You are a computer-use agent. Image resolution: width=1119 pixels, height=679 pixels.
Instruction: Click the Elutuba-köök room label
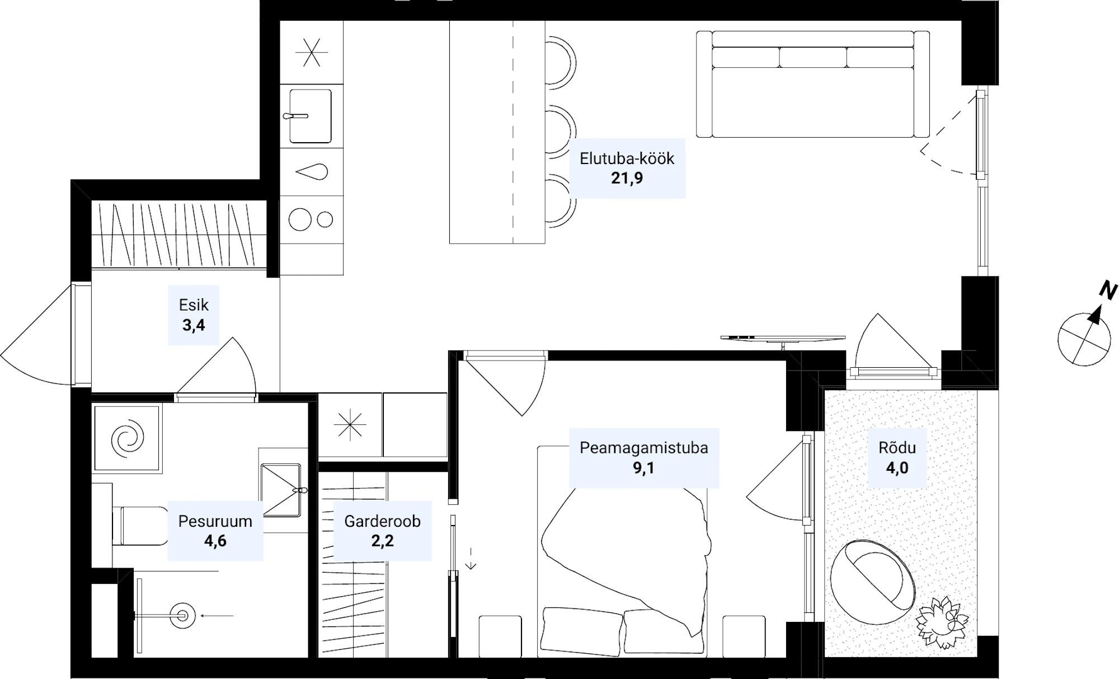(627, 158)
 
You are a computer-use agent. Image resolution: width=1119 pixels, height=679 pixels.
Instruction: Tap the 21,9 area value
(627, 178)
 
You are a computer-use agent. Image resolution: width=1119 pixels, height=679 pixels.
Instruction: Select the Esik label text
(194, 305)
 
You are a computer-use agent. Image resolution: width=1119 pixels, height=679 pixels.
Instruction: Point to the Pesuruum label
(215, 521)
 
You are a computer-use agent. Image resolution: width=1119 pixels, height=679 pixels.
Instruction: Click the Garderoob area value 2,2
(382, 541)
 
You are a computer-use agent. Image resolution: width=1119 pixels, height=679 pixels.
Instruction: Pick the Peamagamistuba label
(643, 448)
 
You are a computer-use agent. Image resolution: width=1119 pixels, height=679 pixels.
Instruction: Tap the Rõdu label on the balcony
(897, 448)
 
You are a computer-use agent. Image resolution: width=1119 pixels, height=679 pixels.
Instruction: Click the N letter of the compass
(1108, 291)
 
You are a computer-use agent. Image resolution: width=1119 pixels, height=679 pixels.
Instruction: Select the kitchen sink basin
(311, 116)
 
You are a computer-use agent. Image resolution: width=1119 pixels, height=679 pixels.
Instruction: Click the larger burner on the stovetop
(300, 219)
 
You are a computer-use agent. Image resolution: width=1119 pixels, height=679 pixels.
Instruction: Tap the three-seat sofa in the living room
(812, 84)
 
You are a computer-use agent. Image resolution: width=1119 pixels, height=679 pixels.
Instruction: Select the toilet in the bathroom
(140, 526)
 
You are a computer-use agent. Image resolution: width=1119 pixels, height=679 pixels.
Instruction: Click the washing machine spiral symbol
(128, 438)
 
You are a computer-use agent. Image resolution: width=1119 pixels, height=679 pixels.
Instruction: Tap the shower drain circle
(182, 616)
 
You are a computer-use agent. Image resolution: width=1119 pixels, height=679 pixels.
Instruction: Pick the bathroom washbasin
(281, 490)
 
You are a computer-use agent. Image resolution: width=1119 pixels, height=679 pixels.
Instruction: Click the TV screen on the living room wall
(783, 339)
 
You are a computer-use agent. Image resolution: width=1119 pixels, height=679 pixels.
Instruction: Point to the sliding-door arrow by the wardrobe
(471, 559)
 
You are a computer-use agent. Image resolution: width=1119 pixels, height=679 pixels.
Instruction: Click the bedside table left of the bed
(500, 636)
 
